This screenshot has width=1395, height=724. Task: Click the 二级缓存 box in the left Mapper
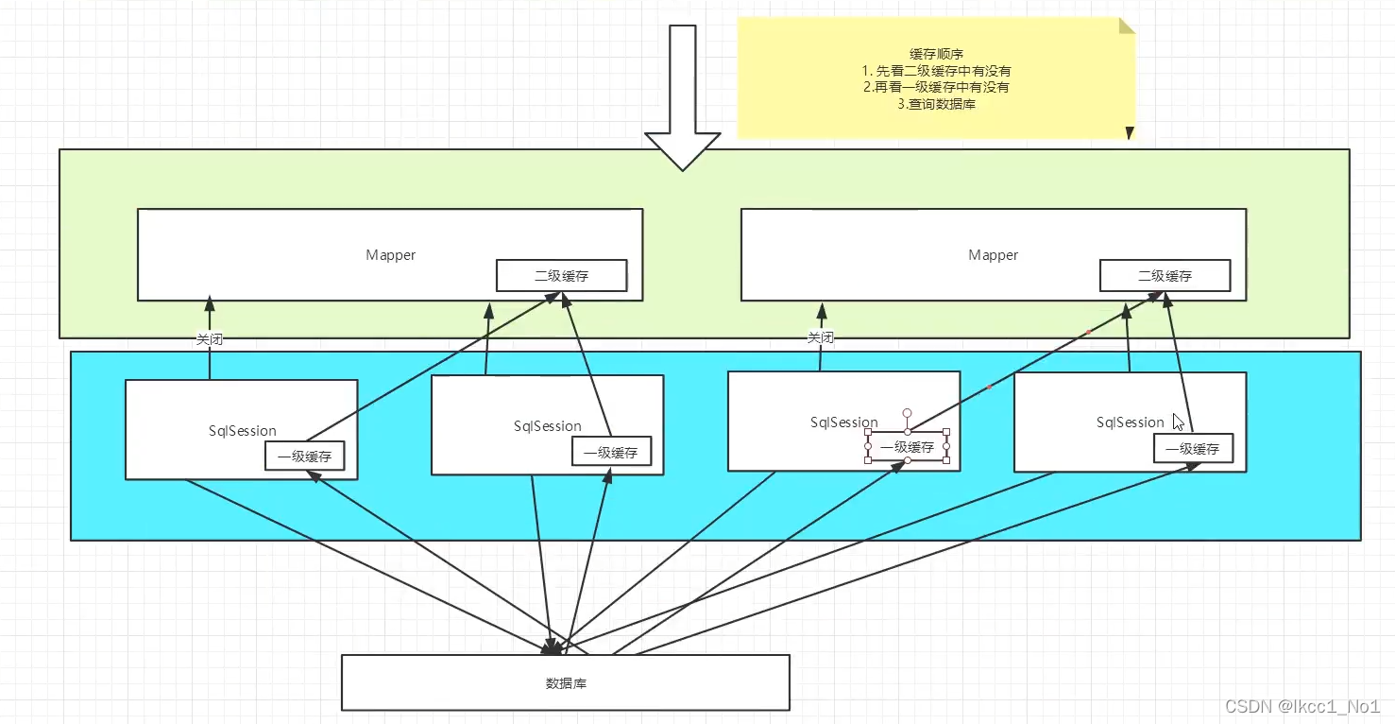coord(561,276)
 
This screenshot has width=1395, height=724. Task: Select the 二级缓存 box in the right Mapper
coord(1165,276)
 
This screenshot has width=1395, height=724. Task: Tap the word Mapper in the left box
coord(390,255)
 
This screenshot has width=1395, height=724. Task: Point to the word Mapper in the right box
coord(993,255)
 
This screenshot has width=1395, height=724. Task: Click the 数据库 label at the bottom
coord(566,682)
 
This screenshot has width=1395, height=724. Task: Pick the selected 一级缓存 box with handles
coord(907,447)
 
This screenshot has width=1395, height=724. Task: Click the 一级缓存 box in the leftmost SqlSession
coord(304,456)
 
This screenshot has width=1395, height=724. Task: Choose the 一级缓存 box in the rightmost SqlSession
coord(1192,449)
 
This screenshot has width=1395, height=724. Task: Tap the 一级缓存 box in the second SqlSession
coord(610,452)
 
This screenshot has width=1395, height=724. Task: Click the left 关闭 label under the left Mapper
coord(210,338)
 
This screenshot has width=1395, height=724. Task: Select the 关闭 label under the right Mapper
coord(820,337)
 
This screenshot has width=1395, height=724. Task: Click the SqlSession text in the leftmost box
coord(243,431)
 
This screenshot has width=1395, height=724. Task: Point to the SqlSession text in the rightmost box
coord(1130,422)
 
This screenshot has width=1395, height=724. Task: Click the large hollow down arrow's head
coord(682,151)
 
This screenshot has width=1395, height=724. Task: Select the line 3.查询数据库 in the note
coord(936,105)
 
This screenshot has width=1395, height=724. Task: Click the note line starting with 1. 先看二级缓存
coord(936,71)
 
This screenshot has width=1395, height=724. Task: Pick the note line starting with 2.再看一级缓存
coord(936,88)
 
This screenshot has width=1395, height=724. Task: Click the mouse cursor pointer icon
coord(1178,422)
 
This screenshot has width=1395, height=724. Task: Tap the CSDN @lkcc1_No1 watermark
coord(1302,706)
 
